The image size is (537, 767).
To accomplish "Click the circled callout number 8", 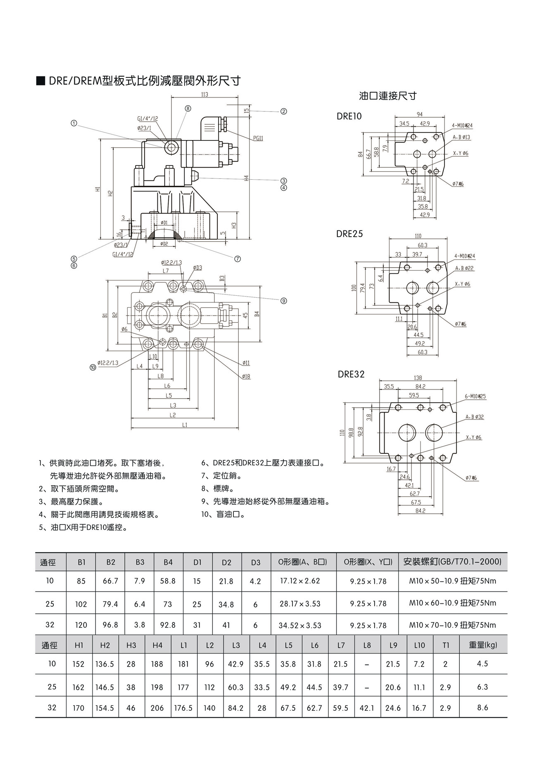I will (x=188, y=108).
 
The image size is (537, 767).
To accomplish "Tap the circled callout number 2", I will (x=284, y=111).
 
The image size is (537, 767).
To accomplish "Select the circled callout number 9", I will (x=284, y=301).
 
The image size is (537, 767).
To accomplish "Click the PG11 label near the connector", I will (x=258, y=139).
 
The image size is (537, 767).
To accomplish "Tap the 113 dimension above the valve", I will (x=204, y=95).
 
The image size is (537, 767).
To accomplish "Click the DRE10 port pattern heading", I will (x=349, y=116).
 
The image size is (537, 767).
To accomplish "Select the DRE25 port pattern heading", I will (x=349, y=234).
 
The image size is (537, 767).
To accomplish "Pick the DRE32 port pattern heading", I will (x=351, y=374).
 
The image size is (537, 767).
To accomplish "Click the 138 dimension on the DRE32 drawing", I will (x=418, y=378).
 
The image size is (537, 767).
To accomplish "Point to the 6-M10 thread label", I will (x=475, y=396).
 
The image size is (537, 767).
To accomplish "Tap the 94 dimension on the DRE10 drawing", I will (x=420, y=114).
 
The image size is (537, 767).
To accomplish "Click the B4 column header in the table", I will (x=168, y=562).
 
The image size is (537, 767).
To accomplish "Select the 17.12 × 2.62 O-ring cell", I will (x=300, y=581).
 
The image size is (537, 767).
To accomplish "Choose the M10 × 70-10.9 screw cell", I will (x=453, y=625).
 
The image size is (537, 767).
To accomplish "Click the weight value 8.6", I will (x=482, y=708).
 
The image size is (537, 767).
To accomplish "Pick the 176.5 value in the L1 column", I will (x=183, y=708).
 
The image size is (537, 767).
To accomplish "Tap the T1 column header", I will (x=446, y=645).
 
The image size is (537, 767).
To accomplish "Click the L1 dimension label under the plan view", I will (x=184, y=425).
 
